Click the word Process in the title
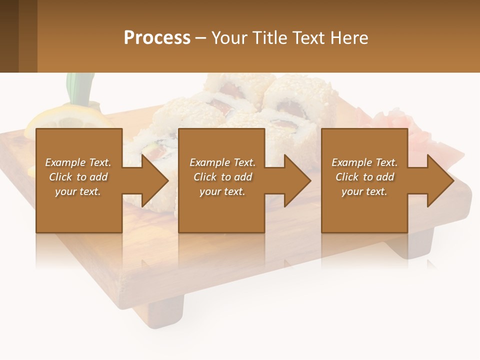157,37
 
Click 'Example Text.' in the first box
78,162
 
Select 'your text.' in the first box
78,191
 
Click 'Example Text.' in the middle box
222,162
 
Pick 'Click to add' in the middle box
222,177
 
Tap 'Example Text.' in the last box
364,162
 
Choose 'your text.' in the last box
364,191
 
